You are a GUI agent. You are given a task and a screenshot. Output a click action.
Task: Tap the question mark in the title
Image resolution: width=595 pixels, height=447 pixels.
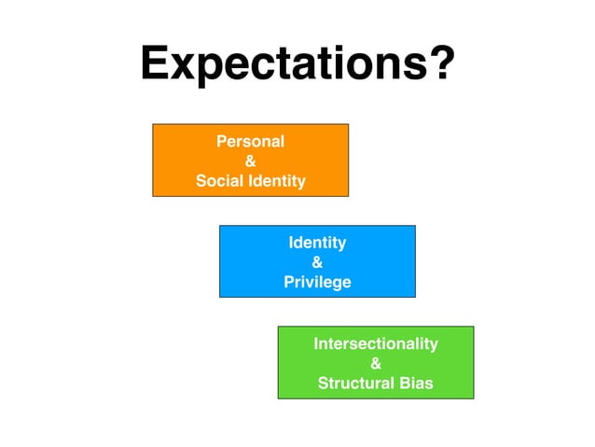pos(441,63)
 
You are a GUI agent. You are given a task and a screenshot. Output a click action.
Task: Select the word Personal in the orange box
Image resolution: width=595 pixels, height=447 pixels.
pos(250,142)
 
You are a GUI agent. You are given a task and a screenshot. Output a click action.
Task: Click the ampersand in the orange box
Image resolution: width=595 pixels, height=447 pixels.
pos(250,161)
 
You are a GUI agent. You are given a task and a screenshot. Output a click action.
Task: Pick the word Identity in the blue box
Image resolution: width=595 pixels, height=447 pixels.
pos(317,243)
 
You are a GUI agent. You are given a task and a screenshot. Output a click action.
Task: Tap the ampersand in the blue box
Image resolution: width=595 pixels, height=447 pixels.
pos(317,262)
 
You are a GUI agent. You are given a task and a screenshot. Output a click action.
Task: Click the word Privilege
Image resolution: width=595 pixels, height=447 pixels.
pos(317,282)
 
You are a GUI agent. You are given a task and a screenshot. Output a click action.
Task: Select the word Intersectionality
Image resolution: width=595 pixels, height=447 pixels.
pos(375,343)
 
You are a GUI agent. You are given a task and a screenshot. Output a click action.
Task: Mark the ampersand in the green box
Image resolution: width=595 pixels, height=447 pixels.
pos(376,363)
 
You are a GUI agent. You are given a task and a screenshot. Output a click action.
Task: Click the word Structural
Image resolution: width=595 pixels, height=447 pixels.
pos(355,383)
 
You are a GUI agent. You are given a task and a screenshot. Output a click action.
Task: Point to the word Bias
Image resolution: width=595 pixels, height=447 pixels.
pos(415,383)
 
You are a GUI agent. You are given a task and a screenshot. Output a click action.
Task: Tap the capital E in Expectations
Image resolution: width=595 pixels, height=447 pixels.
pos(155,63)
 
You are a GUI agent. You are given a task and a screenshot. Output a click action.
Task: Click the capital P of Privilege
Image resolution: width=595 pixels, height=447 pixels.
pos(288,282)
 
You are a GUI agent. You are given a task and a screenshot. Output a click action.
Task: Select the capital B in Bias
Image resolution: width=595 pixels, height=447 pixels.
pos(403,383)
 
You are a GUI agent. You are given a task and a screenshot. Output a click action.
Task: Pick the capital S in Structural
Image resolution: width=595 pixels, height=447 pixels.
pos(323,383)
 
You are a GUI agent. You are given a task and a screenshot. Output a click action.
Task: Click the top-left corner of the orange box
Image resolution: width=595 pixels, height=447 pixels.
pos(153,124)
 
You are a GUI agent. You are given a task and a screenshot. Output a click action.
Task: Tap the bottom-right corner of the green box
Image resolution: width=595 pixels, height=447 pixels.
pos(474,398)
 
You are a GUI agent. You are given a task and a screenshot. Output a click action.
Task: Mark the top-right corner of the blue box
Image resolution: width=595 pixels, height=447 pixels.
pos(415,225)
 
